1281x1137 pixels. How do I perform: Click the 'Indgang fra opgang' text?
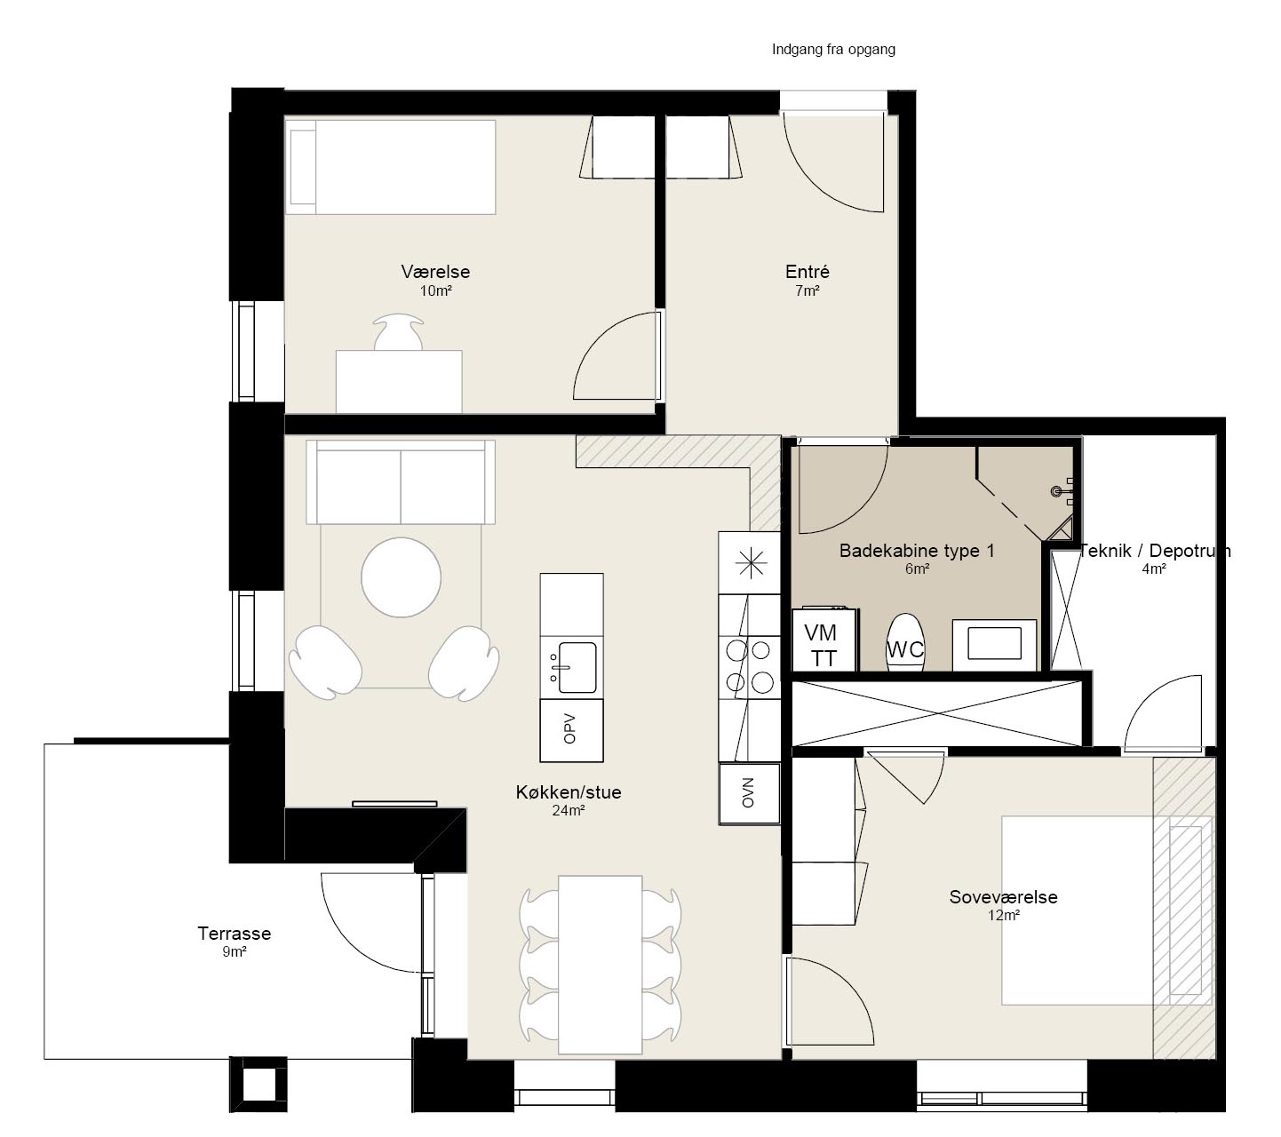pos(832,50)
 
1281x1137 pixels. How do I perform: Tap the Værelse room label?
pos(435,272)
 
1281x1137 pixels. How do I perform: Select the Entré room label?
pos(807,272)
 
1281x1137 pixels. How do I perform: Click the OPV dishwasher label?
pos(569,728)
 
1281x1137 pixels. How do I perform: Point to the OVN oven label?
pos(748,792)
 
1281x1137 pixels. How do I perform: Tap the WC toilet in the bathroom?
pos(905,642)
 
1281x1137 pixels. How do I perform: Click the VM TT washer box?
pos(823,640)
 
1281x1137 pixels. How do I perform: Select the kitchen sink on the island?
pos(576,668)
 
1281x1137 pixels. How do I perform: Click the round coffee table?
pos(401,577)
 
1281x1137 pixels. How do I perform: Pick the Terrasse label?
pos(234,934)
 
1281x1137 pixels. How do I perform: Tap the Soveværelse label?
pos(1003,896)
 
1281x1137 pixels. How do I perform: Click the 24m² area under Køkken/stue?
pos(568,810)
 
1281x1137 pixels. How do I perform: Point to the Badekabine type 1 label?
pos(917,551)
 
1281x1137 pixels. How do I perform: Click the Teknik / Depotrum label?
pos(1155,551)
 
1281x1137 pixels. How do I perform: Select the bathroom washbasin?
pos(994,644)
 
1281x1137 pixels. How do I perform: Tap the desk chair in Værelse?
pos(398,332)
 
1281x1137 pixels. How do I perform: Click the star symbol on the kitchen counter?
pos(750,563)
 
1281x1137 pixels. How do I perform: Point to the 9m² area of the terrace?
pos(234,951)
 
